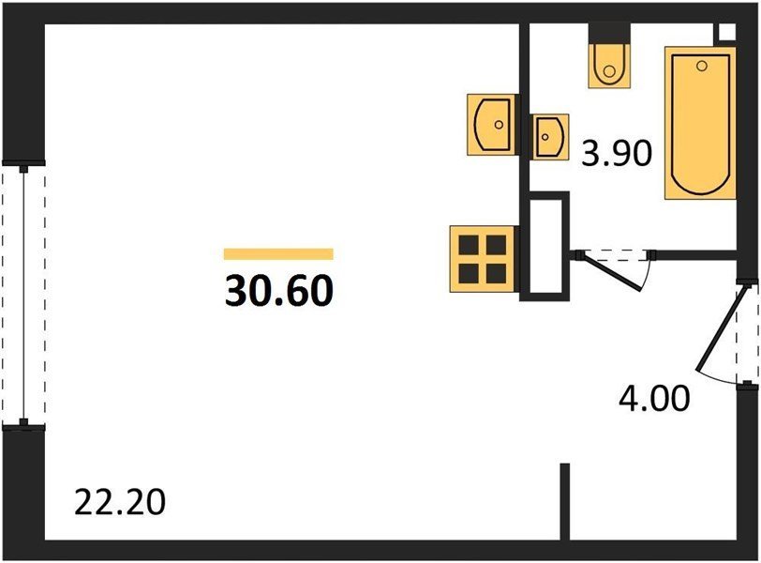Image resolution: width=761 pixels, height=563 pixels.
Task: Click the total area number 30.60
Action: [x=279, y=291]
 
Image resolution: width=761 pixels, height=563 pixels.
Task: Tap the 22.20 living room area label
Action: [x=120, y=502]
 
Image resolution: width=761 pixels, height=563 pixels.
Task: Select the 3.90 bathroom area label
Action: [x=617, y=153]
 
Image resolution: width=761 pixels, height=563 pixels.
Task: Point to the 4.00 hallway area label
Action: [x=654, y=398]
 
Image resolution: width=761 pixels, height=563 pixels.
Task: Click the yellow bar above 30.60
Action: [x=278, y=254]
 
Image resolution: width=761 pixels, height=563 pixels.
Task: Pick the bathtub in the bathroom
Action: [x=700, y=123]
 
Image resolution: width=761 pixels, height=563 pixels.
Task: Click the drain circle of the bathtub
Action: [x=701, y=66]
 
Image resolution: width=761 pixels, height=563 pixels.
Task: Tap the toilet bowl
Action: [x=609, y=66]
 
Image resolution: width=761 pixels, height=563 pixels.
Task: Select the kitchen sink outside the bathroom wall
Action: [x=491, y=125]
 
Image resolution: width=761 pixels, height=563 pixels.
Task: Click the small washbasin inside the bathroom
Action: [x=550, y=136]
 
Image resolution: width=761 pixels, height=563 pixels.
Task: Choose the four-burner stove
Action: [x=483, y=259]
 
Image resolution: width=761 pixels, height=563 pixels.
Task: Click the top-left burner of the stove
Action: [x=469, y=245]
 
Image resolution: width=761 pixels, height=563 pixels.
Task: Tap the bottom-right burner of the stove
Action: [x=496, y=273]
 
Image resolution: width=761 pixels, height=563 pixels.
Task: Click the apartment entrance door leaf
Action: [x=718, y=328]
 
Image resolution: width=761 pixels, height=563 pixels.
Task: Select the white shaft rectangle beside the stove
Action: [x=545, y=246]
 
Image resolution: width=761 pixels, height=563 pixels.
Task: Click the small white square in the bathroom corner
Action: [x=726, y=32]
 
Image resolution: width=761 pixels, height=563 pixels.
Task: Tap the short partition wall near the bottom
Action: [x=565, y=501]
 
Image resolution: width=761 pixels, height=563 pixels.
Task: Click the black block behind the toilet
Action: [x=609, y=34]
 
